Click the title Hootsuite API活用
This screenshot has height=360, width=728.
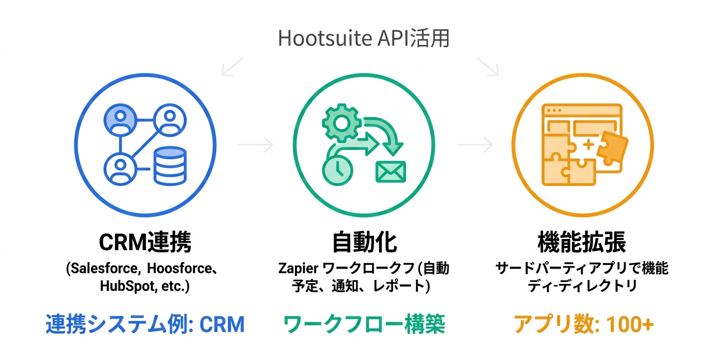pos(363,39)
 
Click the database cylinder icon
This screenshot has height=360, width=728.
pos(169,166)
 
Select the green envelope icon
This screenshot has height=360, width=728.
pos(391,171)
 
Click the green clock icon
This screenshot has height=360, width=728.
pos(337,168)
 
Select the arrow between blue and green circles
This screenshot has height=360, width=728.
pos(255,145)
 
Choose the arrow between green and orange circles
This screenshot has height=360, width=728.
pos(474,145)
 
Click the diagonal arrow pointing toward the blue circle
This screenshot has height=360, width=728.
pos(232,67)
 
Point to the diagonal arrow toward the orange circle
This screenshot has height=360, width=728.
pos(487,67)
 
